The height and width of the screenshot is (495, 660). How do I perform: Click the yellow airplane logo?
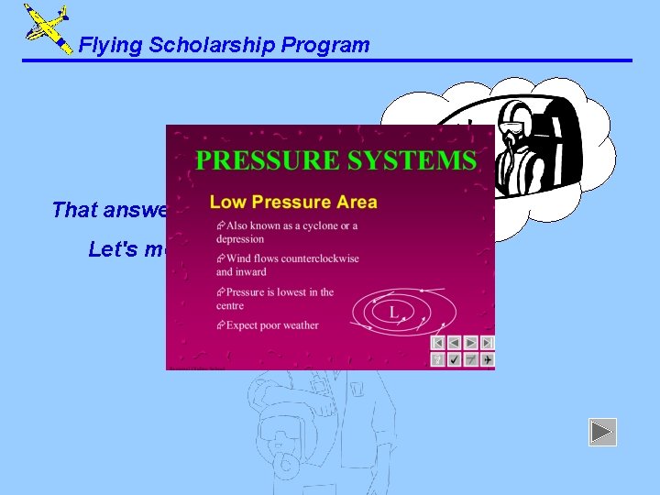click(x=47, y=28)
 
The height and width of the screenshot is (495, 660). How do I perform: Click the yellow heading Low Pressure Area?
click(x=293, y=202)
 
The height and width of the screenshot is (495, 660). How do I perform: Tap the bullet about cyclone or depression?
click(x=287, y=232)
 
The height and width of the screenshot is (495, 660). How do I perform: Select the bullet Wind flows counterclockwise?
click(x=287, y=264)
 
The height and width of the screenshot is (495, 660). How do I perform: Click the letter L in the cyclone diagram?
click(x=393, y=313)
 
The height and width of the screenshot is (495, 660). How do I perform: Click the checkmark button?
click(x=455, y=359)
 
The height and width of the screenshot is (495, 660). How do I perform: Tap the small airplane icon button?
click(x=487, y=359)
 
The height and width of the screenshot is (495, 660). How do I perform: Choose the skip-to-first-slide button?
click(x=438, y=342)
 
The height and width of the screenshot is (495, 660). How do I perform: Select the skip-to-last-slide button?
click(x=487, y=342)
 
